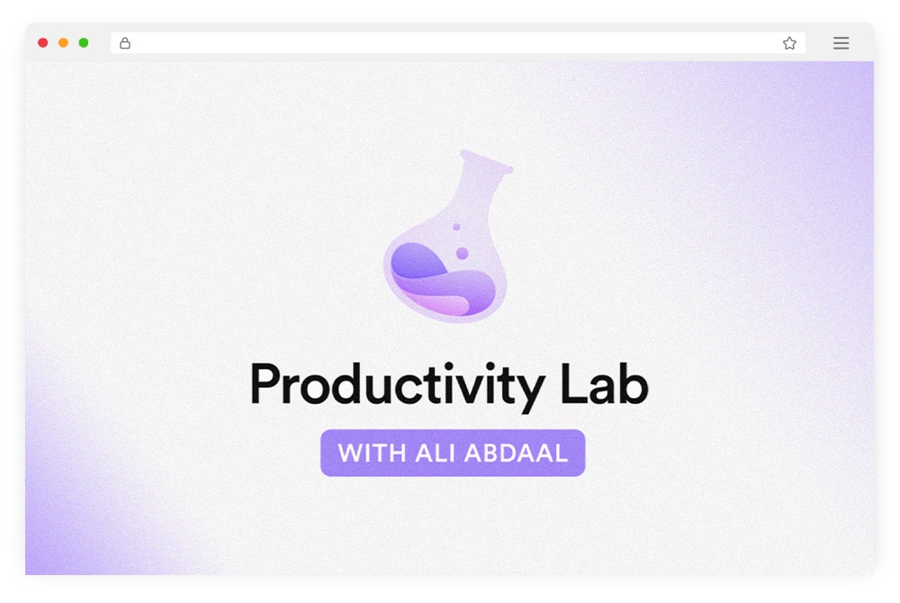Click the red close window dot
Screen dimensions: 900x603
[x=42, y=42]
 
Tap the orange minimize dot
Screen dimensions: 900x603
[x=63, y=42]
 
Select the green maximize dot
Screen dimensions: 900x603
[x=83, y=42]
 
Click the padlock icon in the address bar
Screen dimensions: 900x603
[x=124, y=43]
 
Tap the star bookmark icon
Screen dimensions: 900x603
[x=789, y=43]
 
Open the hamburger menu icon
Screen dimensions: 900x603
[x=841, y=43]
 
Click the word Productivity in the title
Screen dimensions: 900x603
[x=397, y=385]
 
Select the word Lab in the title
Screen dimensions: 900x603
[x=605, y=383]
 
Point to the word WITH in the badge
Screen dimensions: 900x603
[x=372, y=454]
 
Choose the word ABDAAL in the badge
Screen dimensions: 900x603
[x=516, y=454]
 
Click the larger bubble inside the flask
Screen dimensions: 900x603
[x=462, y=253]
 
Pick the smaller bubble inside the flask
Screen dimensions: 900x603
[x=456, y=227]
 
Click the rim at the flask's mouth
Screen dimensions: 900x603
[x=486, y=160]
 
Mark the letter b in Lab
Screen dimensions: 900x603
[x=633, y=383]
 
